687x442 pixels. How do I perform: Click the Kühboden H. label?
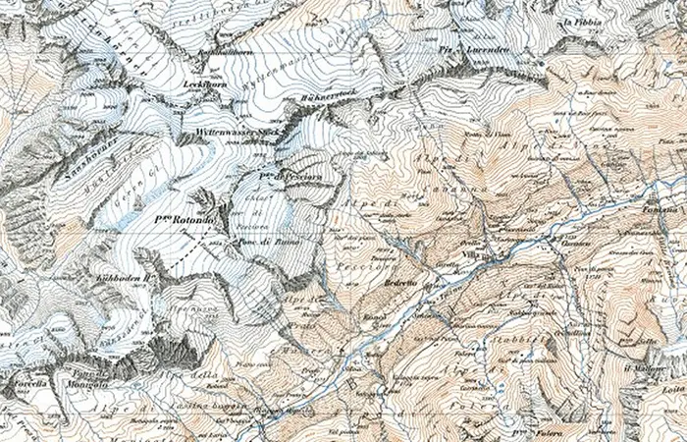click(122, 279)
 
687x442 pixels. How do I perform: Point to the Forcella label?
click(22, 384)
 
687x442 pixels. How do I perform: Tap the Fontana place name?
click(663, 209)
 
